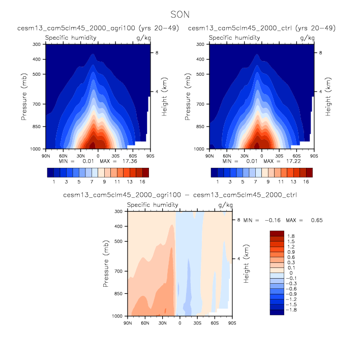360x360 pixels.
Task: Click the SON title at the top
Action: (180, 15)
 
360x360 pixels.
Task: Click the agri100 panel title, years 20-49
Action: (98, 28)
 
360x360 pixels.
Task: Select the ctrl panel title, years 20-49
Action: (261, 28)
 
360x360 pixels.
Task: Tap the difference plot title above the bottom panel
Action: (179, 195)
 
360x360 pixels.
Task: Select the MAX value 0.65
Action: (315, 220)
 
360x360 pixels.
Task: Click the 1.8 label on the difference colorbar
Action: (291, 236)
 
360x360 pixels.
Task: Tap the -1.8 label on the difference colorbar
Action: (292, 309)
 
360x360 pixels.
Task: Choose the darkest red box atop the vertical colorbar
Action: (277, 232)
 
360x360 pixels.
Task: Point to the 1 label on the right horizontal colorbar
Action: (218, 181)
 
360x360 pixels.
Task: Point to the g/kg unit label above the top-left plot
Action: (142, 38)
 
